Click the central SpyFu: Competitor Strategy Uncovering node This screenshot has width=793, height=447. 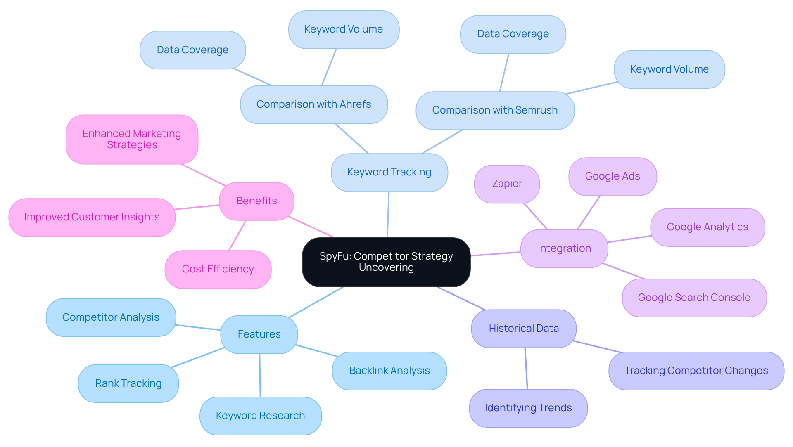386,262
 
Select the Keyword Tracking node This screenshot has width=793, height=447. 389,172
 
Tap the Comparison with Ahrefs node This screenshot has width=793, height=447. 313,104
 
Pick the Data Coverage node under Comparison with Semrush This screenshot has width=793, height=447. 513,34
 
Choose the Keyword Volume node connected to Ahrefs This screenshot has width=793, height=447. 343,29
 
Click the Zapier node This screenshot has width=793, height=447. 507,184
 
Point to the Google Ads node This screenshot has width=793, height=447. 612,176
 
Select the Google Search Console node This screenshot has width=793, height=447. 694,298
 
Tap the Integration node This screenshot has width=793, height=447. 564,248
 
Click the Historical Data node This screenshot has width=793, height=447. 523,329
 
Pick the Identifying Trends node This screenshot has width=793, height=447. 528,408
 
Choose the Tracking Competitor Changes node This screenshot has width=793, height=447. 696,371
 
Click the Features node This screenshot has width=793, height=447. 259,334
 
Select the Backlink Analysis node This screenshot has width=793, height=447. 389,371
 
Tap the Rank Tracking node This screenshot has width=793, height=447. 128,383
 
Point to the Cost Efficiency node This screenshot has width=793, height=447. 218,269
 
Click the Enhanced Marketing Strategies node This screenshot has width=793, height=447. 132,139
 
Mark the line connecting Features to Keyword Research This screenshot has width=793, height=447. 260,375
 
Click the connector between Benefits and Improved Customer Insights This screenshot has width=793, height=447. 197,207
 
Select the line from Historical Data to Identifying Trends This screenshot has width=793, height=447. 526,368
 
